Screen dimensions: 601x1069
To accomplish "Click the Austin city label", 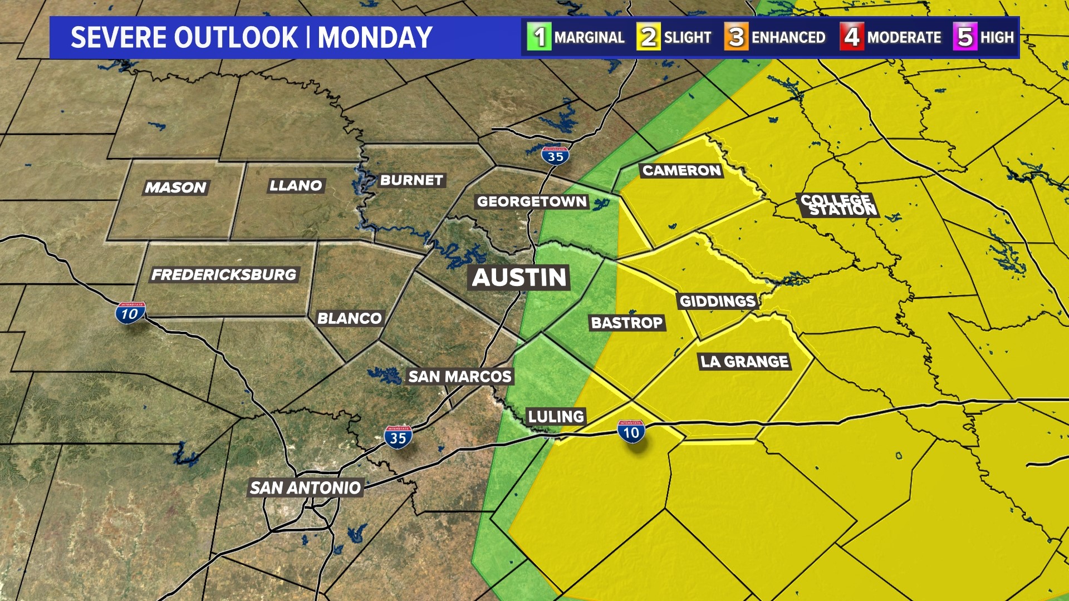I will pyautogui.click(x=519, y=277).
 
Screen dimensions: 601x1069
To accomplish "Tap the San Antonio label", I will pyautogui.click(x=305, y=488).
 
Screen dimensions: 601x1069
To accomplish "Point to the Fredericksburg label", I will pyautogui.click(x=224, y=274).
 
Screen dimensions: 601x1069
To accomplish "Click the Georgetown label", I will pyautogui.click(x=532, y=201).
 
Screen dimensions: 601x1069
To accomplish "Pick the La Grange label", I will pyautogui.click(x=744, y=362).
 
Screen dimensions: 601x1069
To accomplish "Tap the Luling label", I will pyautogui.click(x=556, y=416).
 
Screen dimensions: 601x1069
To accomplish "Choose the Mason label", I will pyautogui.click(x=175, y=188).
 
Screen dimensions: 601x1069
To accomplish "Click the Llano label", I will pyautogui.click(x=296, y=185).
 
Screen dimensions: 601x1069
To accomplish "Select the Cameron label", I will pyautogui.click(x=681, y=170).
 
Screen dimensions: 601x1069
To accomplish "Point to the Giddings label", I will pyautogui.click(x=717, y=301).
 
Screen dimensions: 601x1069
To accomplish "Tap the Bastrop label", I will pyautogui.click(x=626, y=323).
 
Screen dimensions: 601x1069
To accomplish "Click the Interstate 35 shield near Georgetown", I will pyautogui.click(x=555, y=156).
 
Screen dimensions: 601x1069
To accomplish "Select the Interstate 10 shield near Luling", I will pyautogui.click(x=631, y=432).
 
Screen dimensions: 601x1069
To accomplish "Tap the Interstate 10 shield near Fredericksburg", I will pyautogui.click(x=130, y=313).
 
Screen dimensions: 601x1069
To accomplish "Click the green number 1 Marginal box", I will pyautogui.click(x=539, y=37).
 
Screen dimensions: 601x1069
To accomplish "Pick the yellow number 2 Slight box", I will pyautogui.click(x=648, y=37).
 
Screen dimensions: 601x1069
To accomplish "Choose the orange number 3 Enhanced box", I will pyautogui.click(x=736, y=37).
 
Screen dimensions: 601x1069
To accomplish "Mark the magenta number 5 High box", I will pyautogui.click(x=965, y=37).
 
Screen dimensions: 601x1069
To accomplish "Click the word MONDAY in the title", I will pyautogui.click(x=375, y=38).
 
